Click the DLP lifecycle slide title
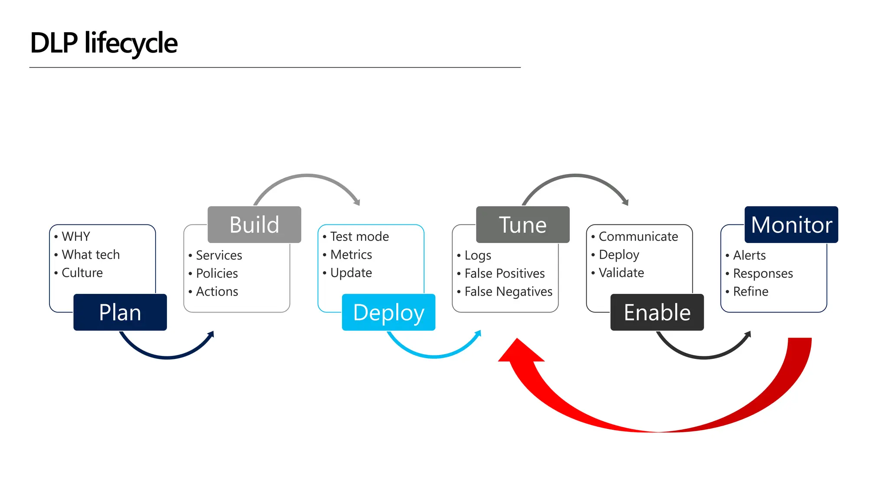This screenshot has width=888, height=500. coord(104,43)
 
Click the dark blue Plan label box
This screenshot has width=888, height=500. coord(120,312)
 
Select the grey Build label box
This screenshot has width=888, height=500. coord(254,224)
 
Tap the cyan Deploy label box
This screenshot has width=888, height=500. coord(388,312)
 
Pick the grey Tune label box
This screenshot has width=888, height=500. coord(522,224)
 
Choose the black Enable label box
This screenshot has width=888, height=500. coord(657,312)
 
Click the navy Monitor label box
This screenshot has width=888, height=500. coord(791,224)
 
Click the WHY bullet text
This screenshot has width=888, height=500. coord(76,237)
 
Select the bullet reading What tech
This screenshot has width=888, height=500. coord(91,255)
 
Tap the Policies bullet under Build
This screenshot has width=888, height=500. coord(217,273)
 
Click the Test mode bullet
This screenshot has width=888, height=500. coord(359,237)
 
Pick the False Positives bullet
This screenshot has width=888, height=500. coord(504,273)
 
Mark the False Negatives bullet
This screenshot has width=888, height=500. coord(508,292)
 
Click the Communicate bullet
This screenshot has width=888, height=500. coord(638,237)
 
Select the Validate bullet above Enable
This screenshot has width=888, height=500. coord(621,273)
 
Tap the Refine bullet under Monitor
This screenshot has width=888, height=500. coord(751,292)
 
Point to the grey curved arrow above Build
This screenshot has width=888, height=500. coord(307,176)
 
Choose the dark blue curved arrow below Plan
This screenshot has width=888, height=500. coord(167,357)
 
